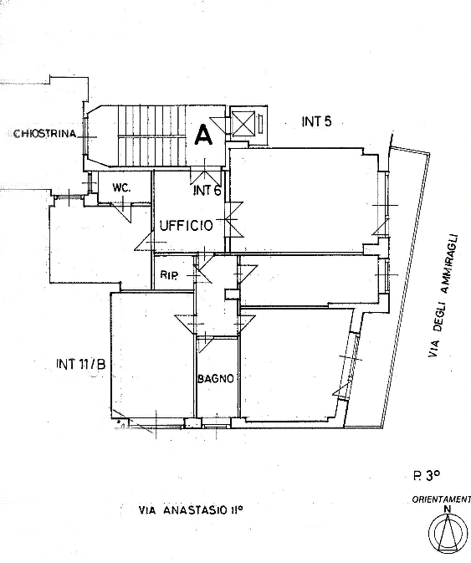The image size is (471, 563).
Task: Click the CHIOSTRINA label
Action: (x=45, y=134)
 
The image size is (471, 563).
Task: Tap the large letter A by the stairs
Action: (x=204, y=135)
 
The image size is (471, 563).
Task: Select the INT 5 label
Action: (x=316, y=121)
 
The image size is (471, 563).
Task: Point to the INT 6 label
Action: (x=207, y=190)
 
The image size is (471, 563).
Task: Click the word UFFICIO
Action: (x=186, y=226)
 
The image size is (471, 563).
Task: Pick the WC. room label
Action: (x=121, y=187)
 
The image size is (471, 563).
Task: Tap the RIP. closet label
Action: (x=169, y=275)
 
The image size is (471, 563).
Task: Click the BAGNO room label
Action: (x=216, y=378)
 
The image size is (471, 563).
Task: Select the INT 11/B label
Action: (x=81, y=365)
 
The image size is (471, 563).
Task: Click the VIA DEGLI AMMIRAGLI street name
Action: (x=443, y=296)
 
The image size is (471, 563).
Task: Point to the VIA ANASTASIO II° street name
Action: (x=191, y=509)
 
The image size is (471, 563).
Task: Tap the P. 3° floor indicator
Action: (x=426, y=476)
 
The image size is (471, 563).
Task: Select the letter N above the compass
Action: (x=448, y=509)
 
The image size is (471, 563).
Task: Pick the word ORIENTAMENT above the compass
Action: (x=441, y=499)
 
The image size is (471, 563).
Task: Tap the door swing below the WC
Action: (x=122, y=212)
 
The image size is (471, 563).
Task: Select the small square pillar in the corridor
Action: (x=231, y=294)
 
